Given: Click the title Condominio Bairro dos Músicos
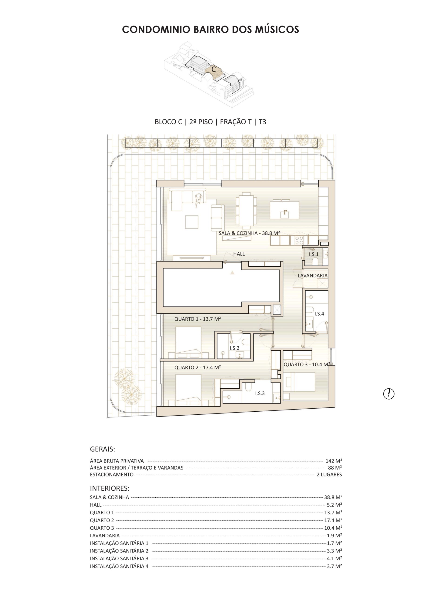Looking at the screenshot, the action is (210, 30).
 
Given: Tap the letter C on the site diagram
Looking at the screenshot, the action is (214, 69).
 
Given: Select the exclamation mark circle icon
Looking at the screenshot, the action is (389, 394).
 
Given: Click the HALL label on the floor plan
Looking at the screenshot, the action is (239, 254).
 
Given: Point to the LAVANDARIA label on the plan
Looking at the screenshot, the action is (313, 276).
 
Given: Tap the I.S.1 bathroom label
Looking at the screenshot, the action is (314, 254).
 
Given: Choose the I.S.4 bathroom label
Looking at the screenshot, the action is (319, 314).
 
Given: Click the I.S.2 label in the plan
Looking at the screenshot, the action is (234, 348).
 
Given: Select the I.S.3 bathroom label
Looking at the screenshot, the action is (260, 393).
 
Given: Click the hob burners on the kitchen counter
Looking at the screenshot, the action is (299, 241).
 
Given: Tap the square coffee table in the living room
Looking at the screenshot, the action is (192, 222).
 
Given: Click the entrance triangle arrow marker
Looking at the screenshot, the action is (232, 272).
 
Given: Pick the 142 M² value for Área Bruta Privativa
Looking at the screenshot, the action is (334, 461).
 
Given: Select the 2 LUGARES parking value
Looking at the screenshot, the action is (329, 475).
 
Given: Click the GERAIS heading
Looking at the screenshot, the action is (103, 449).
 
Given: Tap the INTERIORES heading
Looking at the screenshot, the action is (110, 488).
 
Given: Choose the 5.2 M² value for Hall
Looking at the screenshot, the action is (335, 505).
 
